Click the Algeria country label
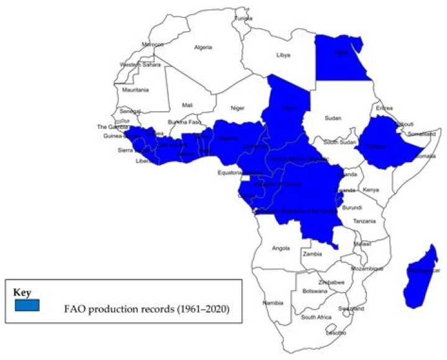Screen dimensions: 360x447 [x=203, y=47]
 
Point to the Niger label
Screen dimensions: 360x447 [x=238, y=107]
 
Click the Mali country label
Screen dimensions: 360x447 [x=187, y=105]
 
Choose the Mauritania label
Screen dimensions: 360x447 [x=136, y=90]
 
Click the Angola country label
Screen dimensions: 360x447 [x=281, y=249]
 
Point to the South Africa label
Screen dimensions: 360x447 [x=315, y=317]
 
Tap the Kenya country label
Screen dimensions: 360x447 [x=370, y=189]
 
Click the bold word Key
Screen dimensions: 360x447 [x=22, y=290]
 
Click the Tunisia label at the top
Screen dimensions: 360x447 [x=243, y=18]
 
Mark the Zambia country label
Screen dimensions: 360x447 [x=310, y=255]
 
